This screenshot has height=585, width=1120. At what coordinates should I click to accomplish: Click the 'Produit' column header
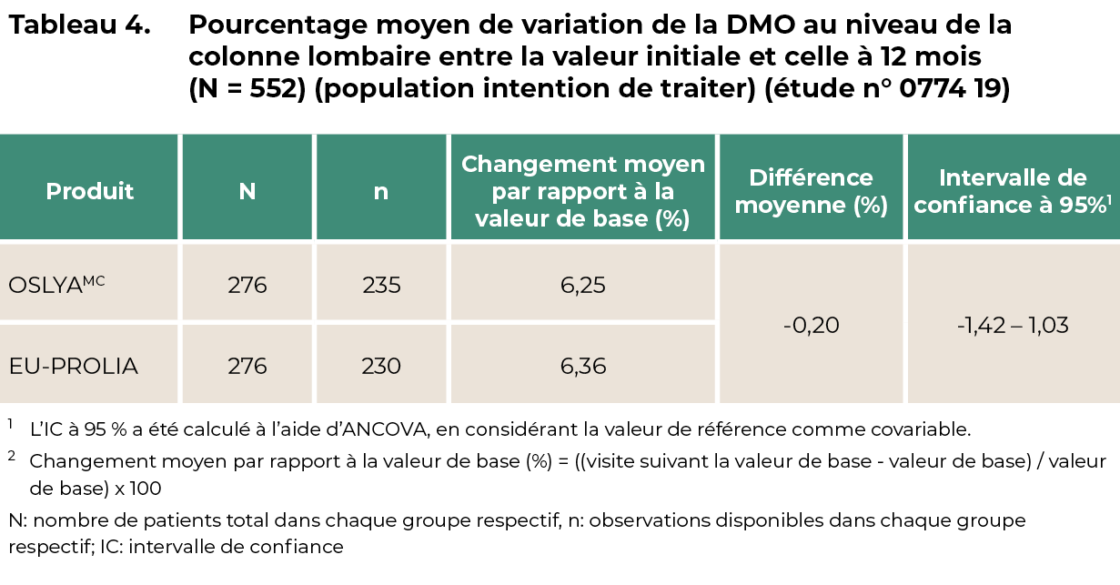pos(89,191)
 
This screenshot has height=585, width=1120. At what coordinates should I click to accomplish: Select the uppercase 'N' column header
pos(247,191)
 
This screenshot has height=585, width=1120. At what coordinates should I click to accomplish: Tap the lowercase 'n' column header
pos(381,193)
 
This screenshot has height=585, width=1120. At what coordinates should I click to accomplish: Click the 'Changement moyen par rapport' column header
pos(583,191)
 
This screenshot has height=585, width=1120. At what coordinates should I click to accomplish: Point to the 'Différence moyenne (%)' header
pos(811,191)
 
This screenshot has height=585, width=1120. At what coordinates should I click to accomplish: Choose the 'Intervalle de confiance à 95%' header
pos(1013,191)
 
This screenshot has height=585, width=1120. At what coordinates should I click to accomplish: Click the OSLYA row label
pos(56,285)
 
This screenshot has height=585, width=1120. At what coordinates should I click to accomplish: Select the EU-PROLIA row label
pos(73,366)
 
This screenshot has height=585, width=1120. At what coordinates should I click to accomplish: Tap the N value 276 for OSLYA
pos(247,285)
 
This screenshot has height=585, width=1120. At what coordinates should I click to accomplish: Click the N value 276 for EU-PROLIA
pos(247,366)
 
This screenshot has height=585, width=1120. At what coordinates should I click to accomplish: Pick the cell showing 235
pos(381,285)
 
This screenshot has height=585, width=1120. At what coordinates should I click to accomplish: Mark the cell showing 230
pos(381,366)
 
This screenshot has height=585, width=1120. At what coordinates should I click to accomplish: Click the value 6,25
pos(583,286)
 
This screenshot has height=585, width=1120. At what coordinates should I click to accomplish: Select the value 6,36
pos(583,367)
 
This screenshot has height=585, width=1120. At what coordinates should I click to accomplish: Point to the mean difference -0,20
pos(811,326)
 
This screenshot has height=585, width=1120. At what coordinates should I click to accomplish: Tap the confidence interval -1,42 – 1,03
pos(1013,326)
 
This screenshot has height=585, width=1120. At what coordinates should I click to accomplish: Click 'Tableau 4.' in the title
pos(79,25)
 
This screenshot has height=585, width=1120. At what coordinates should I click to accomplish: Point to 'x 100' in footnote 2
pos(138,489)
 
